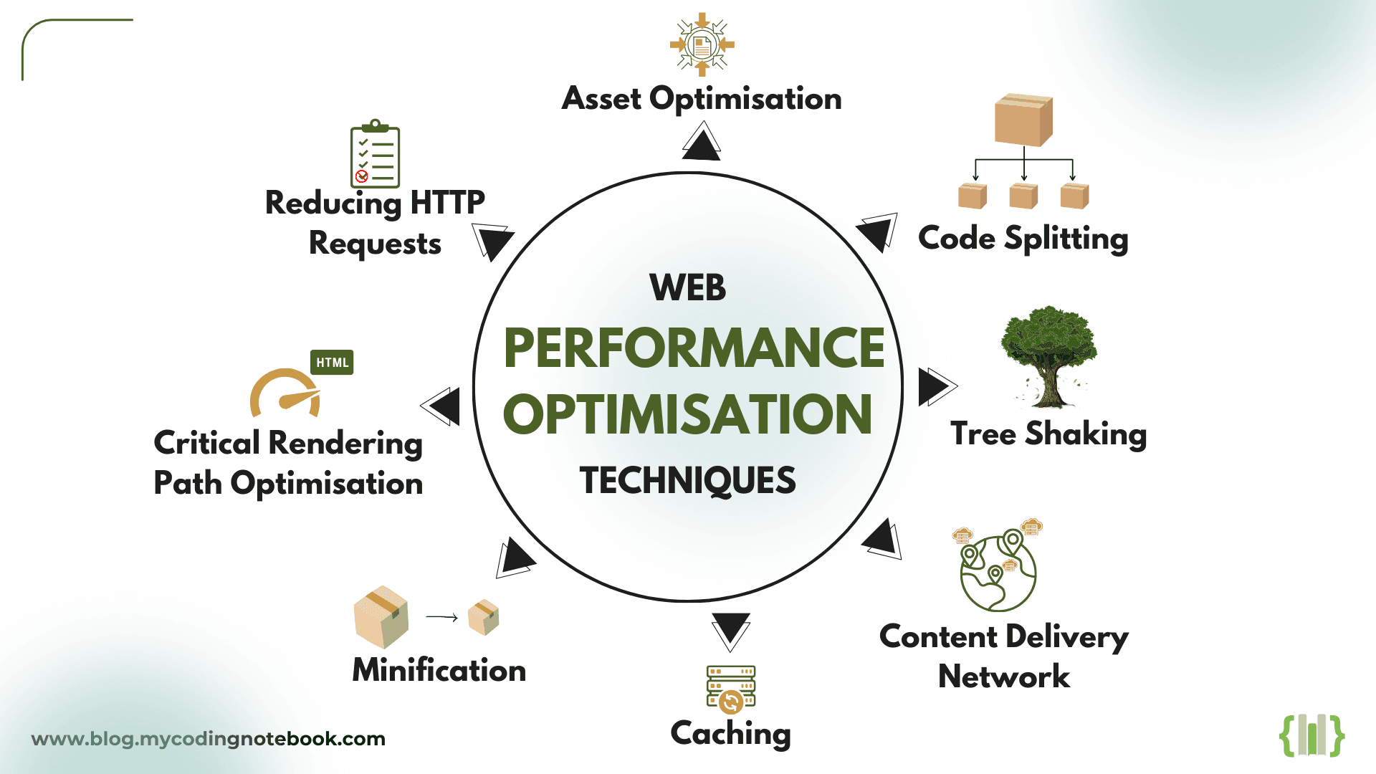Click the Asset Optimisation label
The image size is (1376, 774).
pyautogui.click(x=702, y=99)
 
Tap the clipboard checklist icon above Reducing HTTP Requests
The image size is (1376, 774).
pyautogui.click(x=375, y=155)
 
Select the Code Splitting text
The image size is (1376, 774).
pyautogui.click(x=1023, y=239)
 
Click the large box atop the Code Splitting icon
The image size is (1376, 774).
pyautogui.click(x=1023, y=120)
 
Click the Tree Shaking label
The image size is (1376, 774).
pyautogui.click(x=1048, y=434)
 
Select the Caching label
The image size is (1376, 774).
pyautogui.click(x=730, y=733)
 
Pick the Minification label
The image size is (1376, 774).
pyautogui.click(x=439, y=670)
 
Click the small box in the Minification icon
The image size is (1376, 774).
pyautogui.click(x=484, y=617)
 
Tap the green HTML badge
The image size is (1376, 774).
pyautogui.click(x=332, y=363)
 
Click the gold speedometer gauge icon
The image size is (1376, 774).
pyautogui.click(x=285, y=395)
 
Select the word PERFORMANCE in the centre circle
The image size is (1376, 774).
pyautogui.click(x=694, y=348)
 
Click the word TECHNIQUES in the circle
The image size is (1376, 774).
pyautogui.click(x=687, y=480)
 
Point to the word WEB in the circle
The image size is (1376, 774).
pyautogui.click(x=687, y=288)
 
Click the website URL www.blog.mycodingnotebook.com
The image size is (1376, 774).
pyautogui.click(x=209, y=739)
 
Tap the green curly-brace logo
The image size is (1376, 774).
pyautogui.click(x=1311, y=735)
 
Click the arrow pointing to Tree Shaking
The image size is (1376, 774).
pyautogui.click(x=935, y=387)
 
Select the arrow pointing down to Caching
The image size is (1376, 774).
pyautogui.click(x=731, y=629)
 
